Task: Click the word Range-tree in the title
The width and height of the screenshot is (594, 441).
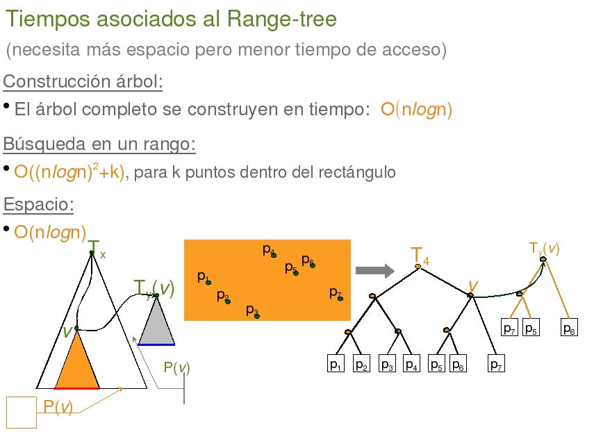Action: coord(282,19)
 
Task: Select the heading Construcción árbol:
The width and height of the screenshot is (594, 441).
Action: coord(83,81)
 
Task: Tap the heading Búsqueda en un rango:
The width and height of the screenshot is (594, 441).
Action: coord(99,144)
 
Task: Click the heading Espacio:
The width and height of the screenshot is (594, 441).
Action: coord(38,204)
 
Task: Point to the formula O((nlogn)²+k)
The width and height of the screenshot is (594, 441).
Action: coord(69,172)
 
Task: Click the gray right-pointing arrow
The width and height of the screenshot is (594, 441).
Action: coord(375,270)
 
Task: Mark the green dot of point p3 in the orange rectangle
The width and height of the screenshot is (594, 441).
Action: coord(257,316)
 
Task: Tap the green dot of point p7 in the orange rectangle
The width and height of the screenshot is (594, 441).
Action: coord(340,299)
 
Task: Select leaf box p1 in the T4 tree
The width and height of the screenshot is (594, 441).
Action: coord(336,363)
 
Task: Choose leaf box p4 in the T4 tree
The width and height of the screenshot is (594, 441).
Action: coord(411,363)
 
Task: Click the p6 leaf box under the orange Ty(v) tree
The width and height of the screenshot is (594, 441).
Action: coord(569,327)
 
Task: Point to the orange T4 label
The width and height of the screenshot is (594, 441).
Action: coord(420,256)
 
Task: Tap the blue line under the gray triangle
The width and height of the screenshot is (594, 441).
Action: coord(156,344)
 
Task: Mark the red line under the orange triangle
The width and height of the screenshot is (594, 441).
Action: coord(76,388)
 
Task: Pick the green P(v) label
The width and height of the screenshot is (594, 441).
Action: coord(176,367)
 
